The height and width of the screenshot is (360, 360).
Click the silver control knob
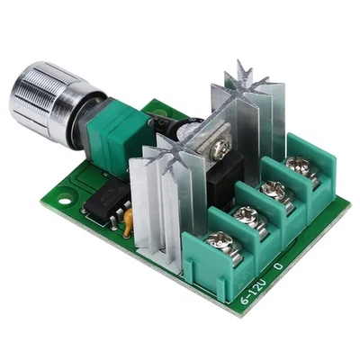[45, 100]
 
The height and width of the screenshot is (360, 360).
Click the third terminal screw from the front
[274, 191]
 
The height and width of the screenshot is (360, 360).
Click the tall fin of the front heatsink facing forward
[144, 202]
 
